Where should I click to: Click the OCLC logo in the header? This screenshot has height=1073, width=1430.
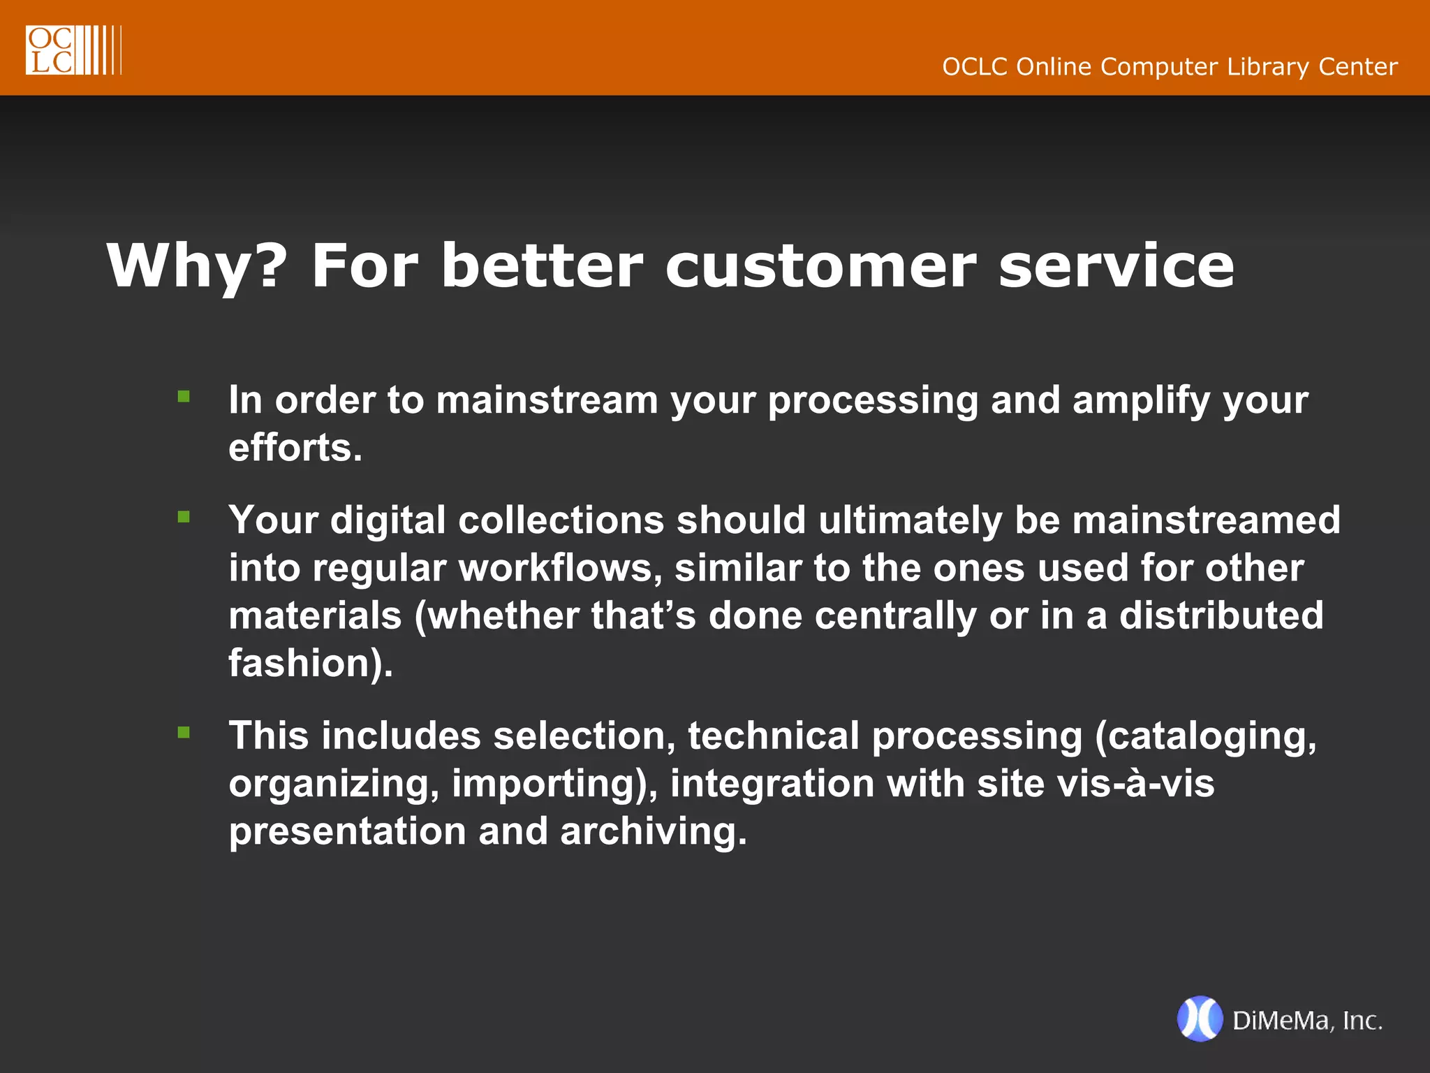coord(73,50)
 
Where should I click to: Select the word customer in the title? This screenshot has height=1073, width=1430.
coord(820,267)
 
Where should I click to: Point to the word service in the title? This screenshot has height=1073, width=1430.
coord(1116,267)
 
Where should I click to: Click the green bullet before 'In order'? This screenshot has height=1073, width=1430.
coord(184,397)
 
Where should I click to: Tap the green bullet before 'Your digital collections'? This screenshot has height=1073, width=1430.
coord(184,517)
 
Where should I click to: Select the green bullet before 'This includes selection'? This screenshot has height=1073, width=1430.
coord(184,732)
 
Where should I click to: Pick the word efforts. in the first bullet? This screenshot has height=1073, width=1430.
coord(295,448)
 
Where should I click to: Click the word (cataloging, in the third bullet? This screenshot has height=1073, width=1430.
coord(1206,737)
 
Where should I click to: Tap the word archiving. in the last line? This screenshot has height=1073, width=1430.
coord(654,831)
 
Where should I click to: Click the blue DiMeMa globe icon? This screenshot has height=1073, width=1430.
coord(1200,1019)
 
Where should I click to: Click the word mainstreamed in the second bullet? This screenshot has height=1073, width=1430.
coord(1206,520)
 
